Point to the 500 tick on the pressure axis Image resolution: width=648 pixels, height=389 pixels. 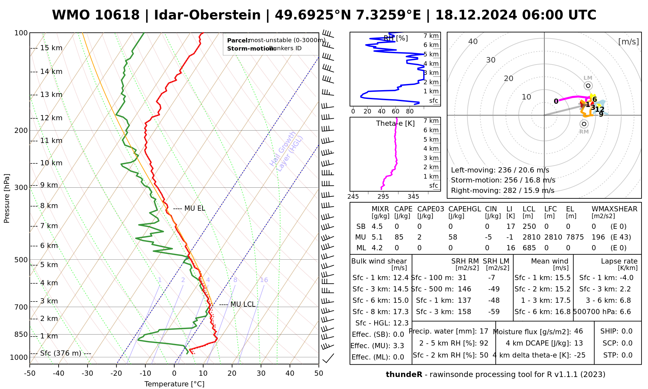tap(21, 260)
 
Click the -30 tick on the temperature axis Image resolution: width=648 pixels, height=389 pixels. tap(87, 373)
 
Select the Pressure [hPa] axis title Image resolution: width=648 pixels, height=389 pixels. tap(7, 198)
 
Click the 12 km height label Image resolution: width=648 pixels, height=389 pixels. tap(51, 118)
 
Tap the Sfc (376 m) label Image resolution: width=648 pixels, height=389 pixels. tap(61, 353)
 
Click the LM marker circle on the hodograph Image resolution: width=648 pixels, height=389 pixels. tap(588, 86)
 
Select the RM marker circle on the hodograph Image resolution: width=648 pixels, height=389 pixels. tap(584, 124)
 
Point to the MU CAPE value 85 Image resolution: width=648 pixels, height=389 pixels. tap(399, 237)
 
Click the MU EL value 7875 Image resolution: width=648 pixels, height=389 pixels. tap(575, 237)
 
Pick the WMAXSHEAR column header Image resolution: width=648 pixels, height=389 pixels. tap(614, 209)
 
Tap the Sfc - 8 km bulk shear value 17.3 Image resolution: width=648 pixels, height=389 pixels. tap(401, 312)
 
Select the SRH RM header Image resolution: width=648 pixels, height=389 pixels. tap(465, 261)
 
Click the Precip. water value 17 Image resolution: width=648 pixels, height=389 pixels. tap(484, 331)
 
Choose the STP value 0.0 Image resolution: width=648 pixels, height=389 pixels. tap(627, 355)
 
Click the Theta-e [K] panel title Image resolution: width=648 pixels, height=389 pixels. tap(395, 124)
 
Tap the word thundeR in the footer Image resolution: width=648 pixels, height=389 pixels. tap(404, 375)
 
